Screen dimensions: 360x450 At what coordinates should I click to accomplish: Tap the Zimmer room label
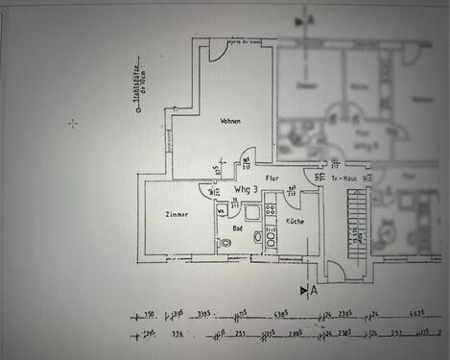tap(176, 215)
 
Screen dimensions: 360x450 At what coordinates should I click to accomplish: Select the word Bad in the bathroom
tap(237, 228)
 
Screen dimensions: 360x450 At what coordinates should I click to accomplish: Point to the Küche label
tap(295, 222)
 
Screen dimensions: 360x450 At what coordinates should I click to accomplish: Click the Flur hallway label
tap(272, 178)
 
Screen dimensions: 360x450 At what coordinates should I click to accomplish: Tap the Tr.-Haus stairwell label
tap(343, 179)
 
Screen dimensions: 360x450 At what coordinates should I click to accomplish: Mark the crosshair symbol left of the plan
tap(74, 123)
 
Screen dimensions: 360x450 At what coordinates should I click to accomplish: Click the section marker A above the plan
tap(309, 18)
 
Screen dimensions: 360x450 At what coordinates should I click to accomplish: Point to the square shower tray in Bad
tap(251, 212)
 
